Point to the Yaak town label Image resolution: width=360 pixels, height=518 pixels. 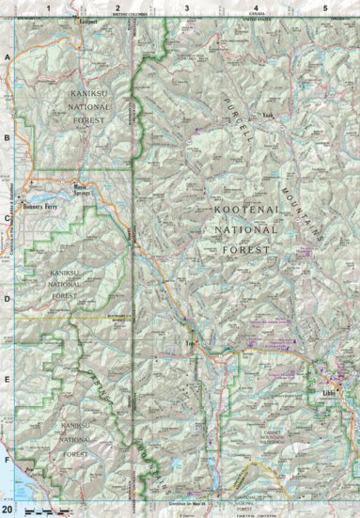pos(266,116)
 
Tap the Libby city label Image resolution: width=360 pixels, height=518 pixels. pos(329,390)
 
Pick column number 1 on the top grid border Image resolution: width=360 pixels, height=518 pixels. pos(57,8)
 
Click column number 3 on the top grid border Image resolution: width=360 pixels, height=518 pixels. pos(186,8)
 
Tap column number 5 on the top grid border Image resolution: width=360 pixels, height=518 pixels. pos(324,8)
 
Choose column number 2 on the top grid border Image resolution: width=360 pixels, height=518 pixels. pos(118,8)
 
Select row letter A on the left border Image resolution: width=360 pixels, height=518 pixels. pos(8,57)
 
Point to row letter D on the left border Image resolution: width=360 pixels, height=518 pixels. pos(8,300)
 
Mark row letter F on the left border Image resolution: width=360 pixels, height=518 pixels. pos(8,462)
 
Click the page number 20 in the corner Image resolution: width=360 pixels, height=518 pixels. pos(8,510)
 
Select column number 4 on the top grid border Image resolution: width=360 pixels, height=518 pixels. pos(255,8)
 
